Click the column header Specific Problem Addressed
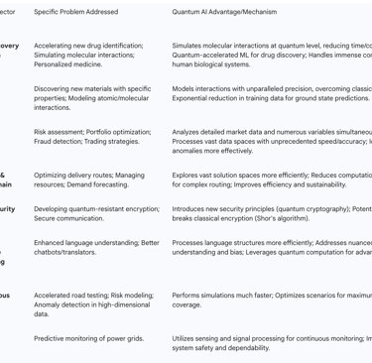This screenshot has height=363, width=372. tap(75, 12)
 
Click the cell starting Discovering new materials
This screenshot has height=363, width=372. tap(92, 97)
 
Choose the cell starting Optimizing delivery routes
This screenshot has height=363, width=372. tap(89, 180)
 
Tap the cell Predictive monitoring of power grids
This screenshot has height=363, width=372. tap(89, 338)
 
